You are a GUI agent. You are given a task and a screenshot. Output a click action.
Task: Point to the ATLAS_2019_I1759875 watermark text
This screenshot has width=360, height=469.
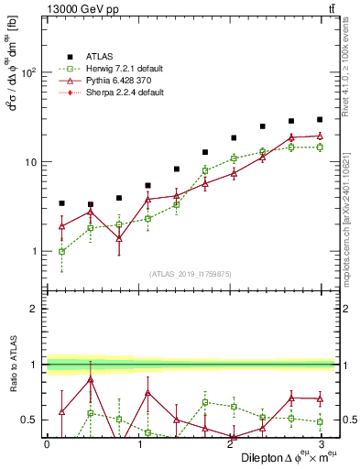point(191,273)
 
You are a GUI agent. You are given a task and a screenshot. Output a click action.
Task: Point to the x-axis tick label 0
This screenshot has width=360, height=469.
point(47,444)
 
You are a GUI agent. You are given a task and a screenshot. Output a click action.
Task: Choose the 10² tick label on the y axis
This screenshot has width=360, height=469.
point(29,72)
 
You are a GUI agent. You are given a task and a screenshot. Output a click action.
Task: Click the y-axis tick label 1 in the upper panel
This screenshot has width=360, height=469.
point(35,252)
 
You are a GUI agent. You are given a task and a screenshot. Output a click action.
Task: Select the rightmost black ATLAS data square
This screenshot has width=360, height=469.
point(320,119)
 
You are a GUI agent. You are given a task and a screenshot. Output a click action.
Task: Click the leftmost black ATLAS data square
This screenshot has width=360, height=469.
point(61,203)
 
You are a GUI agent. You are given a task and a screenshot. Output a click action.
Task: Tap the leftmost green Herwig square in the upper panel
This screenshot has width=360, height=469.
point(61,251)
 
